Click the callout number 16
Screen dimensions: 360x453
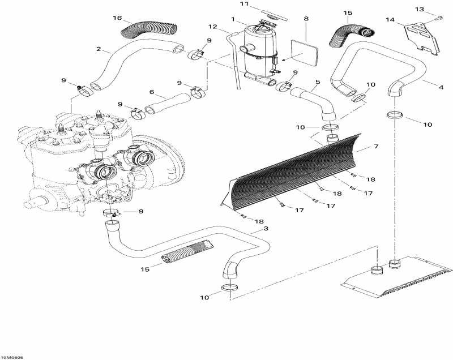pos(117,18)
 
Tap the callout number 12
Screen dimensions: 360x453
pos(213,27)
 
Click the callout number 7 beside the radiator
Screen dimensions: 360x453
pos(375,147)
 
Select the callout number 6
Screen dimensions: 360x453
pos(151,92)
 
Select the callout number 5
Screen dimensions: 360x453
pos(318,82)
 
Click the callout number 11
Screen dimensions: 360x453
pos(244,4)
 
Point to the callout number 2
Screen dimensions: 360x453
pos(99,49)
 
